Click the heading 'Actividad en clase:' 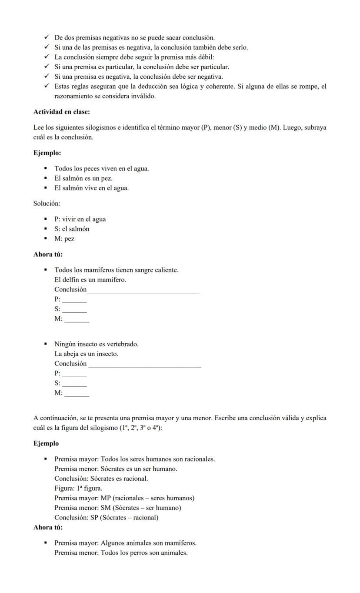click(x=61, y=112)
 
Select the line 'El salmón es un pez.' click(x=83, y=178)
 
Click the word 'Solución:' click(x=47, y=204)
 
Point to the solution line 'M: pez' click(x=64, y=239)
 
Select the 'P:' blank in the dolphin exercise click(x=74, y=300)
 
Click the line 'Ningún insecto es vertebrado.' click(x=96, y=344)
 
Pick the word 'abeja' click(x=73, y=354)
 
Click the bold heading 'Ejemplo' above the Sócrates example click(x=46, y=444)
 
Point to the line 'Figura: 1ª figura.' click(x=78, y=488)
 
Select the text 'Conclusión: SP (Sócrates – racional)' click(x=106, y=518)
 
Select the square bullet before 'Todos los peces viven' click(x=45, y=168)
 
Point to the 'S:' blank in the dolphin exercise click(x=74, y=309)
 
